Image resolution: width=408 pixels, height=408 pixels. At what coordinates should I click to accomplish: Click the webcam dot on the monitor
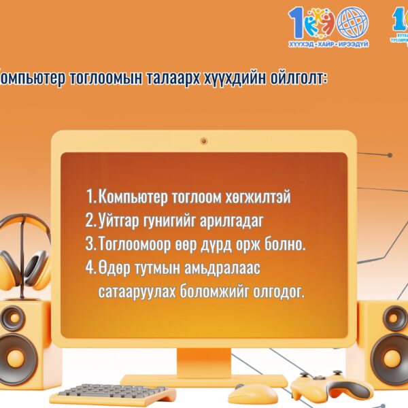pyautogui.click(x=203, y=141)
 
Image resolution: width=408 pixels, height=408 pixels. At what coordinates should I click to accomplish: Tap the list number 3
pyautogui.click(x=90, y=244)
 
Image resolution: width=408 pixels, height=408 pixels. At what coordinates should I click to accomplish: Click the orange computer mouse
pyautogui.click(x=252, y=392)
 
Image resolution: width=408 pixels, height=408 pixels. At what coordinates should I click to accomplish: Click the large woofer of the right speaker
pyautogui.click(x=392, y=357)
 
